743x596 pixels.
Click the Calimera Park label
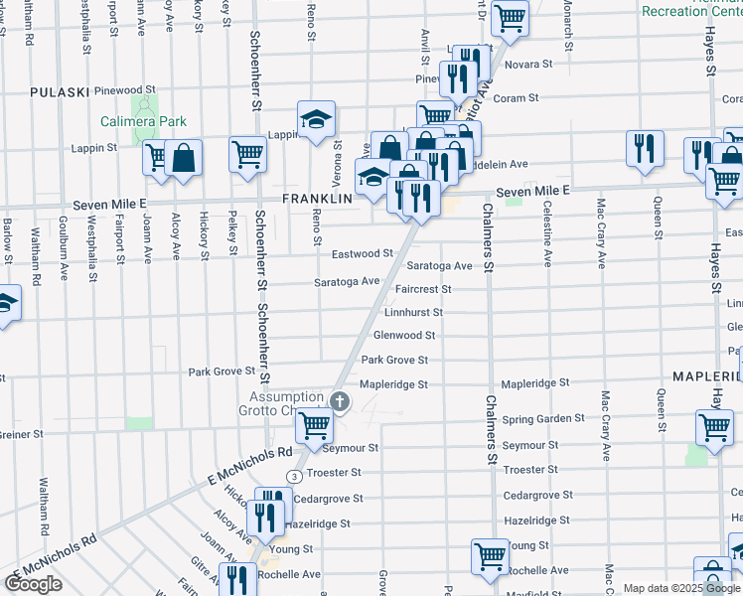pos(143,122)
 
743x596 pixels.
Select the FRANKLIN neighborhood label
pos(318,199)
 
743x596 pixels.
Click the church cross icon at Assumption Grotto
pos(340,401)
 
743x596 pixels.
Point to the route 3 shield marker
pos(294,477)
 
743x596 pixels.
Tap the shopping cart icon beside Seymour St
pos(315,426)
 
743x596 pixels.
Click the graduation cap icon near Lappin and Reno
pos(317,120)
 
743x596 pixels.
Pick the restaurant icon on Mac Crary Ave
pos(645,148)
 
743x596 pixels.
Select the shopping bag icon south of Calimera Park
pos(184,157)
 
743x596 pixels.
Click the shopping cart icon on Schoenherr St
pos(247,154)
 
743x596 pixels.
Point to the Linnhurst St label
pos(412,312)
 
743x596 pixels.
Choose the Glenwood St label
pos(403,336)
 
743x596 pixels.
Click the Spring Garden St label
pos(544,419)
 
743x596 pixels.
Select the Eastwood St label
pos(363,254)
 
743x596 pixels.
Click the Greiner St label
pos(21,434)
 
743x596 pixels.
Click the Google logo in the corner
pos(33,583)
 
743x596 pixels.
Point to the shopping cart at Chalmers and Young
pos(490,556)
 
